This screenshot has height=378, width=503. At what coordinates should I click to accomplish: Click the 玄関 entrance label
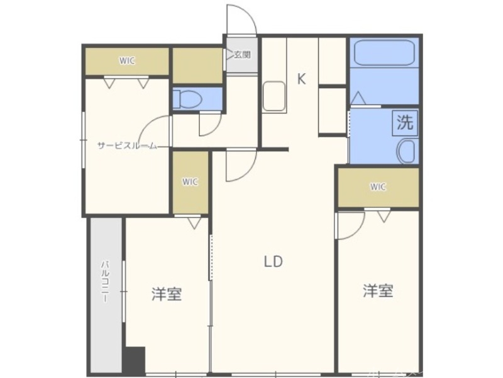(243, 55)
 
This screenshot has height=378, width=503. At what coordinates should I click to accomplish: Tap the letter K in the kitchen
(302, 79)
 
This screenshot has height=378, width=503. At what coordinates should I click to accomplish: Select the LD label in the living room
(273, 261)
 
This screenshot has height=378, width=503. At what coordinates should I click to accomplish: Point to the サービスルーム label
(126, 146)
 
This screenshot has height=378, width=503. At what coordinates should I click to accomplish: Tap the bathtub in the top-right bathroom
(383, 54)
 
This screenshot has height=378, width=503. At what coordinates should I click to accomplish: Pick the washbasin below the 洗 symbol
(406, 151)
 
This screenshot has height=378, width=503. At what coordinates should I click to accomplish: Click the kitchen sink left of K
(274, 96)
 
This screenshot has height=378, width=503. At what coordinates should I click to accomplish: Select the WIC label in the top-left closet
(127, 61)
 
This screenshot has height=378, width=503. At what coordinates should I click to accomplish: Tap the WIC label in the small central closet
(190, 182)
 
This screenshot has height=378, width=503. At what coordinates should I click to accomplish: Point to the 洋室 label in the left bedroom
(167, 294)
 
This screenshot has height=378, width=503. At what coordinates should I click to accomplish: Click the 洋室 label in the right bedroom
(378, 291)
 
